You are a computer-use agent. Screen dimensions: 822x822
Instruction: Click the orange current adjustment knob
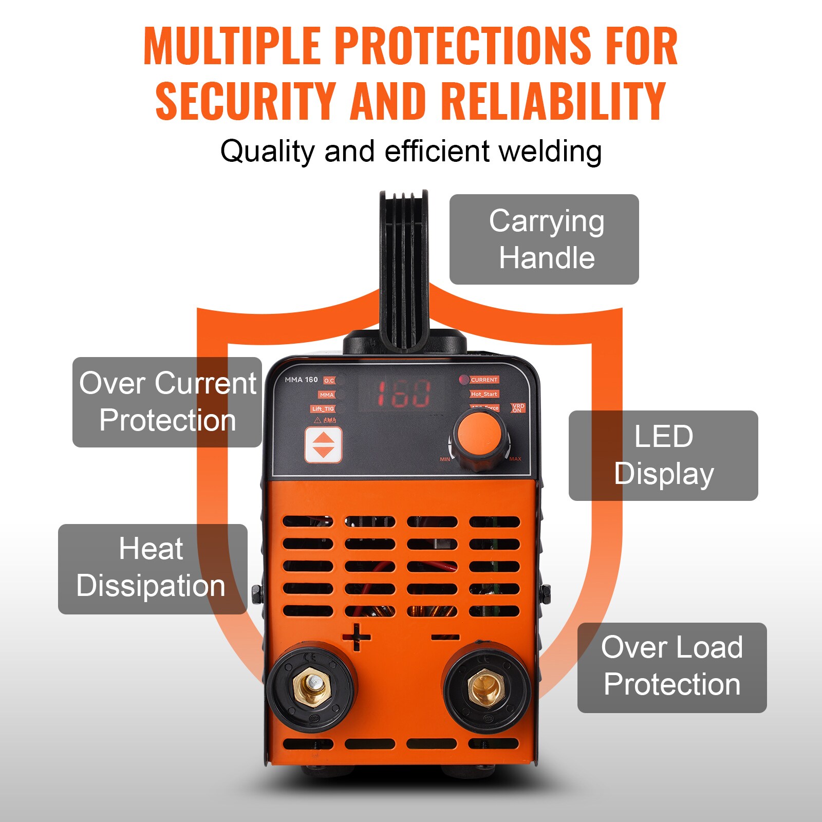click(x=480, y=436)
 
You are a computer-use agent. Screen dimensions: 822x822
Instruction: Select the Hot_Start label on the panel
click(x=484, y=394)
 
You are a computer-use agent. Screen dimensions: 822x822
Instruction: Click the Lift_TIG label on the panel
click(x=323, y=409)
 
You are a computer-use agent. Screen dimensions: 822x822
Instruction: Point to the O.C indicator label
click(x=329, y=381)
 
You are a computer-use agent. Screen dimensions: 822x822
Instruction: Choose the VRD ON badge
click(x=518, y=408)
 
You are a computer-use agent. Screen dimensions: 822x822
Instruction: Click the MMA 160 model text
click(x=301, y=380)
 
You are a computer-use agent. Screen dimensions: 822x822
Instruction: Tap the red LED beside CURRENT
click(x=464, y=380)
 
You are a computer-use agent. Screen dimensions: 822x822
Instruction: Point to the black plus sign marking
click(x=357, y=638)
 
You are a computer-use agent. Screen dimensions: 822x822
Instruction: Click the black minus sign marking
click(x=445, y=638)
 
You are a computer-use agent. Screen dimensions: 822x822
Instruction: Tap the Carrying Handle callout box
click(x=544, y=239)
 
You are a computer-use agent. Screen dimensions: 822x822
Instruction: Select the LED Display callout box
click(x=663, y=455)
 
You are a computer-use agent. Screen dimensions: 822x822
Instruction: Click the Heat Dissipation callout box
click(x=153, y=569)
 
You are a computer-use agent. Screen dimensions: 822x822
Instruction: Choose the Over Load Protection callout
click(x=672, y=667)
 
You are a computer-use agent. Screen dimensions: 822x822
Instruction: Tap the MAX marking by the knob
click(x=515, y=459)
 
